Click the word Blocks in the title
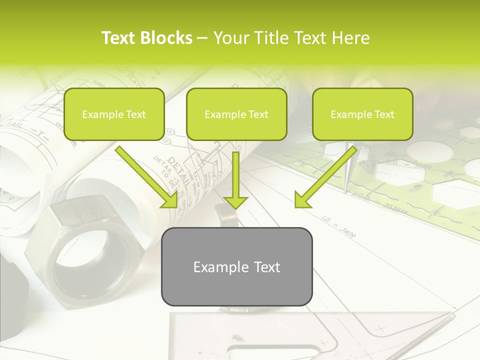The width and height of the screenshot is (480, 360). [x=166, y=38]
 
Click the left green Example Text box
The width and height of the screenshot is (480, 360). [x=114, y=114]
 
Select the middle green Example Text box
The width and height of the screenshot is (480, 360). [x=236, y=114]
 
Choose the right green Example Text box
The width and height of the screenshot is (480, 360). [x=362, y=114]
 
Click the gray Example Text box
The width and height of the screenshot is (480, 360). [x=236, y=267]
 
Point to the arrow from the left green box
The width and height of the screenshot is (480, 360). [x=147, y=177]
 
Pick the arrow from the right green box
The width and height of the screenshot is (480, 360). [x=325, y=177]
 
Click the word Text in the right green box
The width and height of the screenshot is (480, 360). [x=384, y=114]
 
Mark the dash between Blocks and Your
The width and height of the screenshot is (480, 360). [x=202, y=38]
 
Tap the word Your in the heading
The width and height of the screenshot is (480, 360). [x=231, y=38]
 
